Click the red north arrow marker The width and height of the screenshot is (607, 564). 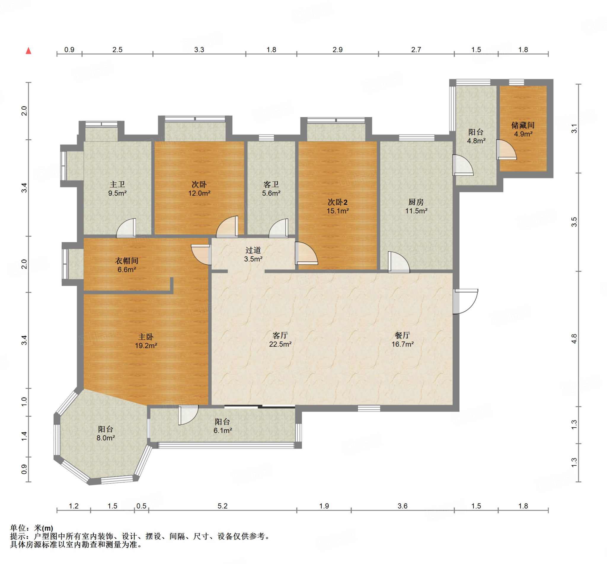(x=28, y=51)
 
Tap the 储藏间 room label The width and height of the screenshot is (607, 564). (x=523, y=125)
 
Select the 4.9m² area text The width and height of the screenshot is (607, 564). (x=523, y=134)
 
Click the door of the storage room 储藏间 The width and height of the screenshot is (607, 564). (x=506, y=150)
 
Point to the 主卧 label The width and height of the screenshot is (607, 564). (x=146, y=337)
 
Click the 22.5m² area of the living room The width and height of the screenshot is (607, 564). (x=280, y=344)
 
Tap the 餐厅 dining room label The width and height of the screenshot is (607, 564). (x=402, y=335)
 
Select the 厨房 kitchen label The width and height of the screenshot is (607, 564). (x=416, y=202)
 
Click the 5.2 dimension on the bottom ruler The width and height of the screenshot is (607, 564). (x=223, y=506)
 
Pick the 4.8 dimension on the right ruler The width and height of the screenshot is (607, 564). (x=574, y=339)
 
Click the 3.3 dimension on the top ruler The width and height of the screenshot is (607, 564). (x=199, y=50)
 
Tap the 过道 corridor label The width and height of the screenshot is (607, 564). (x=253, y=250)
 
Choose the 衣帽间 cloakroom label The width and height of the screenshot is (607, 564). (x=127, y=261)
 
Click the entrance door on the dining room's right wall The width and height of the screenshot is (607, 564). (x=465, y=301)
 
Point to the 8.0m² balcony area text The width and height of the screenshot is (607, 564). (x=106, y=438)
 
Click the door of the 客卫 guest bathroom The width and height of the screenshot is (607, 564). (x=278, y=228)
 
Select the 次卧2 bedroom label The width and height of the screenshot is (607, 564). (x=338, y=202)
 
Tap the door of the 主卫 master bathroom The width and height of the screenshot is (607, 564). (x=126, y=228)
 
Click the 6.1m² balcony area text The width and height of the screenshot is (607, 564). (x=223, y=431)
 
